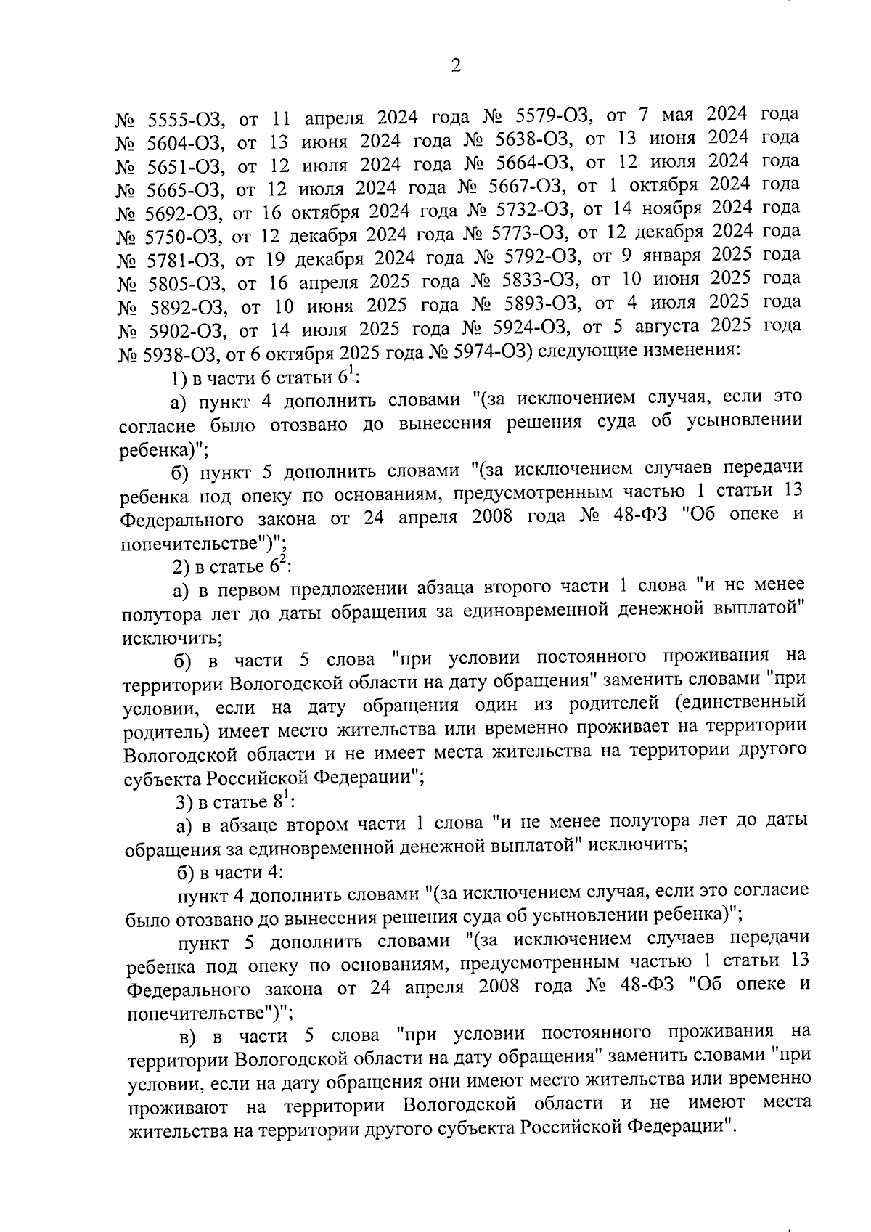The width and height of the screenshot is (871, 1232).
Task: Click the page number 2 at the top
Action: pos(456,66)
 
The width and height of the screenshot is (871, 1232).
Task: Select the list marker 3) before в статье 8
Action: pos(185,802)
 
